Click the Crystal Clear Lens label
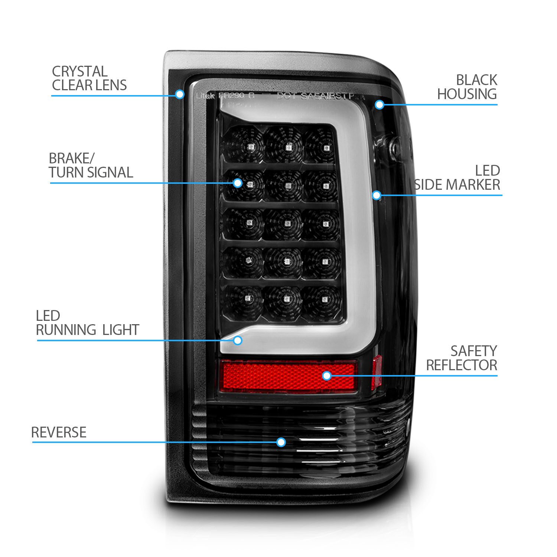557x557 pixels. point(89,78)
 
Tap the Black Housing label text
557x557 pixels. point(467,87)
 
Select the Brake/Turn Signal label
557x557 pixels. point(91,165)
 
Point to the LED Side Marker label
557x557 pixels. point(457,178)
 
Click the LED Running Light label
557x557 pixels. point(87,323)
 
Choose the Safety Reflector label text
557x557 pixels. point(462,358)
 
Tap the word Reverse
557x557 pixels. point(59,432)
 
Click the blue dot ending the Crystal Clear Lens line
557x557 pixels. point(179,94)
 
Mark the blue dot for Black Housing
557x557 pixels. point(379,105)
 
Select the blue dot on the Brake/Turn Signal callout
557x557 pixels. point(238,183)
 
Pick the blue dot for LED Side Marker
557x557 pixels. point(377,195)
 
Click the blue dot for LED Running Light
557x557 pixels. point(238,340)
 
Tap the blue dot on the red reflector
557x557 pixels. point(327,376)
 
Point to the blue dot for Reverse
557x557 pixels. point(281,442)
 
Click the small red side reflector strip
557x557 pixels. point(377,372)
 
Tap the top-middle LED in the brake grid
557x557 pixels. point(288,148)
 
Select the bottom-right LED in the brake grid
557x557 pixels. point(324,299)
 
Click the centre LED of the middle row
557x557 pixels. point(287,224)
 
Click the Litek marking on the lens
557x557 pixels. point(205,96)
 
